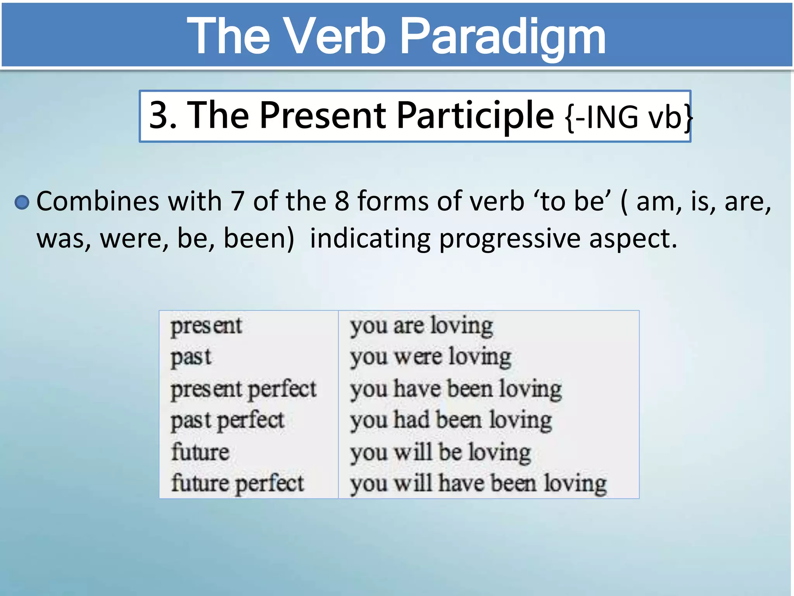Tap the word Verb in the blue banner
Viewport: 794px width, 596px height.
coord(334,37)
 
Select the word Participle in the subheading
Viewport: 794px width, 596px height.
coord(475,115)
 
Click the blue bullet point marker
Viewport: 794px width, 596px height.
coord(22,202)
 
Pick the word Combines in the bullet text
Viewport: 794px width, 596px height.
coord(98,201)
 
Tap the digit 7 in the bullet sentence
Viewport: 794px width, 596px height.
coord(237,201)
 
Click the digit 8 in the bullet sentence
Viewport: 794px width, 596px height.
coord(342,201)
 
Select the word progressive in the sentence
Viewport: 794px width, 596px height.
coord(509,239)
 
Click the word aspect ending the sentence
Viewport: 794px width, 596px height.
coord(633,239)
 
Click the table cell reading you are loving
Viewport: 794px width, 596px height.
coord(421,326)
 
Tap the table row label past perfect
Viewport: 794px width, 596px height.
coord(228,421)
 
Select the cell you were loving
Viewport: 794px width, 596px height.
coord(431,357)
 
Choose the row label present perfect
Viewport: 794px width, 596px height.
coord(243,389)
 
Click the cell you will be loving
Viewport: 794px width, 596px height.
coord(440,452)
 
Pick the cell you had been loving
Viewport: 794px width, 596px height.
coord(451,421)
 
